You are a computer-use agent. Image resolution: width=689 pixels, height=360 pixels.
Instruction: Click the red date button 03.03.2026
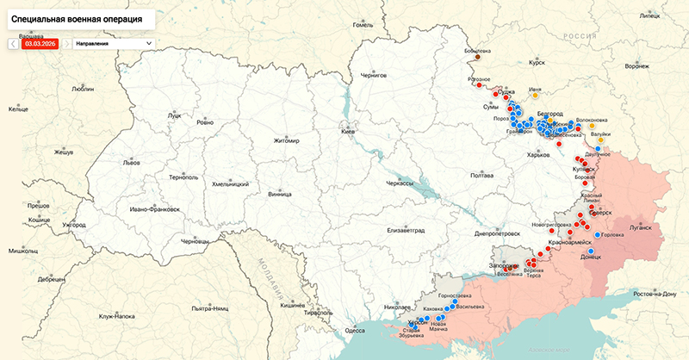coord(40,42)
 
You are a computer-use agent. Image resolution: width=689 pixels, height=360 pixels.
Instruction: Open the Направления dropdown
coord(113,42)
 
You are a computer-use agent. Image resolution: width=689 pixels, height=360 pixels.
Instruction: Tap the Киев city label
coord(348,131)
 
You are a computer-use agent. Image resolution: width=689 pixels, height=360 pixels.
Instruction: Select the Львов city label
coord(131,162)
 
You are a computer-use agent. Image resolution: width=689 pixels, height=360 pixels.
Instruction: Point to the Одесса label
coord(354,330)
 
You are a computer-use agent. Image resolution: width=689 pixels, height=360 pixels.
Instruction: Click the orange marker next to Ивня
coord(536,96)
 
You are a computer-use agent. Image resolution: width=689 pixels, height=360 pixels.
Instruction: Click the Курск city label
coord(537,63)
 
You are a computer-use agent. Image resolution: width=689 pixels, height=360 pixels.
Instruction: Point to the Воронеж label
coord(636,66)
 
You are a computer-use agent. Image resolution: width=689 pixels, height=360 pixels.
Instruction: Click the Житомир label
coord(286,140)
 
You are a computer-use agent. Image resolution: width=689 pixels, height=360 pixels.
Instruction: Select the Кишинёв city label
coord(293,305)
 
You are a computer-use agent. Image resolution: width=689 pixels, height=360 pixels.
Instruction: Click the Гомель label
coord(363,25)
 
